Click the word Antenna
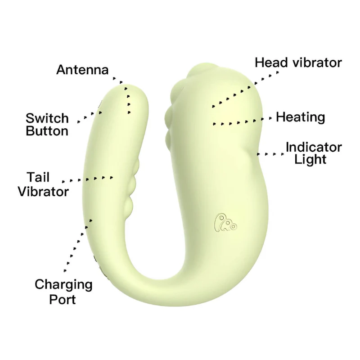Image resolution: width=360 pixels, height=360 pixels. coord(82,69)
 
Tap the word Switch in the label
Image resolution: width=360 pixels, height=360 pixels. coord(47,118)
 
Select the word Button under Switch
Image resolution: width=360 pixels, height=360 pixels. coord(47,131)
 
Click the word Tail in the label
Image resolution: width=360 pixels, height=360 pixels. coord(38,177)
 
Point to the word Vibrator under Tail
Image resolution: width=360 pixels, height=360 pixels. coord(43,191)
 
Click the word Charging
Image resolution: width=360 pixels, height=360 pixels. coord(63,285)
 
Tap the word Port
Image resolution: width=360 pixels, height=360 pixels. coord(63,300)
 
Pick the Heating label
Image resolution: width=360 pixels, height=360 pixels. coord(301,117)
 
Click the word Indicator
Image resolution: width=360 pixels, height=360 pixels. coord(314,147)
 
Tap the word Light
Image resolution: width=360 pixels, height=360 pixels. coord(310,159)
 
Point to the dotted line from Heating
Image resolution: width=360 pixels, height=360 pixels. coord(242,121)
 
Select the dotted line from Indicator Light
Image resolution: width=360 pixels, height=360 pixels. coord(270,154)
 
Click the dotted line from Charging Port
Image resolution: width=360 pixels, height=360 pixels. coord(78,246)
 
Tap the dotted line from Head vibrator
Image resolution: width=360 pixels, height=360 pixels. coord(245,89)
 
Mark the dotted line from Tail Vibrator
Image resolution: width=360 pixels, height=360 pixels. coord(87,179)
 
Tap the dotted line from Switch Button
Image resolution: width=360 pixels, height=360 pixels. coord(90,117)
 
